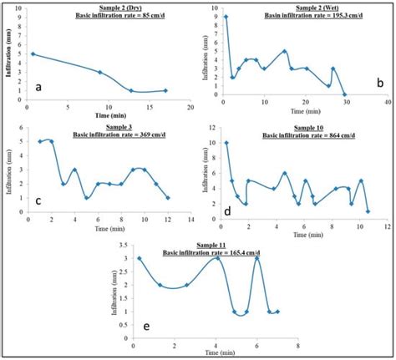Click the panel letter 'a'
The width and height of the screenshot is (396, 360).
click(x=39, y=86)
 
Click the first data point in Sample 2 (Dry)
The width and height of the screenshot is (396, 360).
click(x=32, y=54)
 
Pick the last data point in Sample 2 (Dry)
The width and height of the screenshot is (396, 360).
click(x=165, y=90)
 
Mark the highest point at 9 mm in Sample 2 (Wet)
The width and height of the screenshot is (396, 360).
click(x=226, y=17)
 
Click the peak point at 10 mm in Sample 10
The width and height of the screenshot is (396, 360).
click(x=226, y=143)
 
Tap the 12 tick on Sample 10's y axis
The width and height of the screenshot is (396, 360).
click(x=214, y=128)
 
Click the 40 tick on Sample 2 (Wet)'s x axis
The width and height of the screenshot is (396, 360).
click(x=387, y=103)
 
